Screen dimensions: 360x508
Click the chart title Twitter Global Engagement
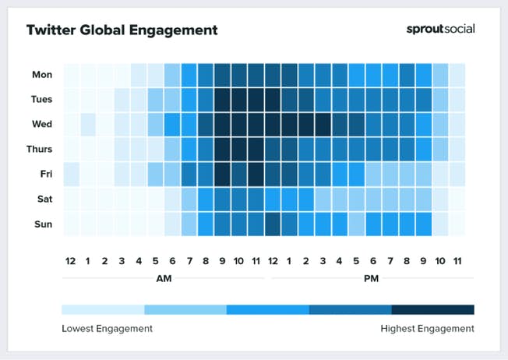pos(122,30)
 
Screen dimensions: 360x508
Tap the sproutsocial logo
pos(440,30)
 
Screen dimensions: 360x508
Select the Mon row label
pos(42,75)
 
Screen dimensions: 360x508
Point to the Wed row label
pos(42,124)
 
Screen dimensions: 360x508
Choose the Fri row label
pos(44,174)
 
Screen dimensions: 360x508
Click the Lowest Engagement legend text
pos(107,329)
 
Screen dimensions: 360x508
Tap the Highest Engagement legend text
pos(427,329)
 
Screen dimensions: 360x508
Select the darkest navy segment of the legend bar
pos(432,309)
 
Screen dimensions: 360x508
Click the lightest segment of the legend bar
pos(103,309)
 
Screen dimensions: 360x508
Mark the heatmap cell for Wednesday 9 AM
pos(222,124)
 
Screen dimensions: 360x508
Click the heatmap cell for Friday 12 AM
pos(71,174)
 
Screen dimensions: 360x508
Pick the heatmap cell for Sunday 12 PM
pos(273,224)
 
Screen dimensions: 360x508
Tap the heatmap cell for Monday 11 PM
pos(457,75)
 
